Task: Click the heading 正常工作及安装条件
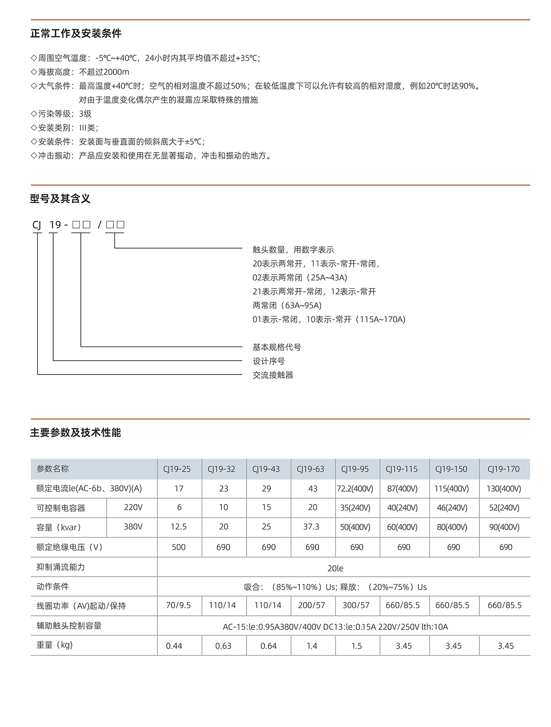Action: coord(76,34)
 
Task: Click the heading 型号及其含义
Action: coord(60,199)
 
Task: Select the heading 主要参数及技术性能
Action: coord(75,432)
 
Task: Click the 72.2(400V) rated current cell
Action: coord(355,488)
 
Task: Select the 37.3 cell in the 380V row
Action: coord(311,527)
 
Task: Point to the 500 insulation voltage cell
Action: coord(179,547)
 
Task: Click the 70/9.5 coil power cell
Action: coord(178,605)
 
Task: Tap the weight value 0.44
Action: coord(174,646)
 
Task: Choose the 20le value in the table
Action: coord(335,568)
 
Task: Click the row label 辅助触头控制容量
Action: coord(69,625)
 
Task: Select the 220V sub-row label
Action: coord(133,507)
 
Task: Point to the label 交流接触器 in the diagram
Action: coord(273,375)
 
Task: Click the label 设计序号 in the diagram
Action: coord(269,361)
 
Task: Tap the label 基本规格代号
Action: coord(277,347)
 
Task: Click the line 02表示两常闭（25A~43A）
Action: coord(300,278)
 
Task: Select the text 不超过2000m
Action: coord(104,72)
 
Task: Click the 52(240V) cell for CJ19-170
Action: coord(504,508)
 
